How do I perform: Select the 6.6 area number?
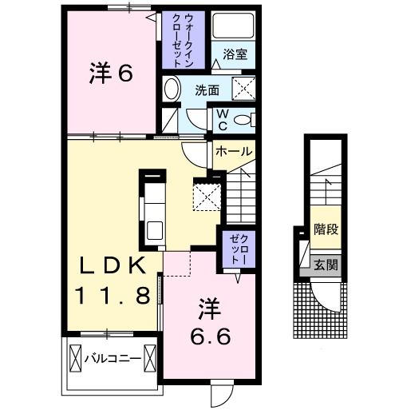tap(211, 336)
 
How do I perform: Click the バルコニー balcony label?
tap(113, 359)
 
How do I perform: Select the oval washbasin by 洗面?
tap(171, 90)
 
